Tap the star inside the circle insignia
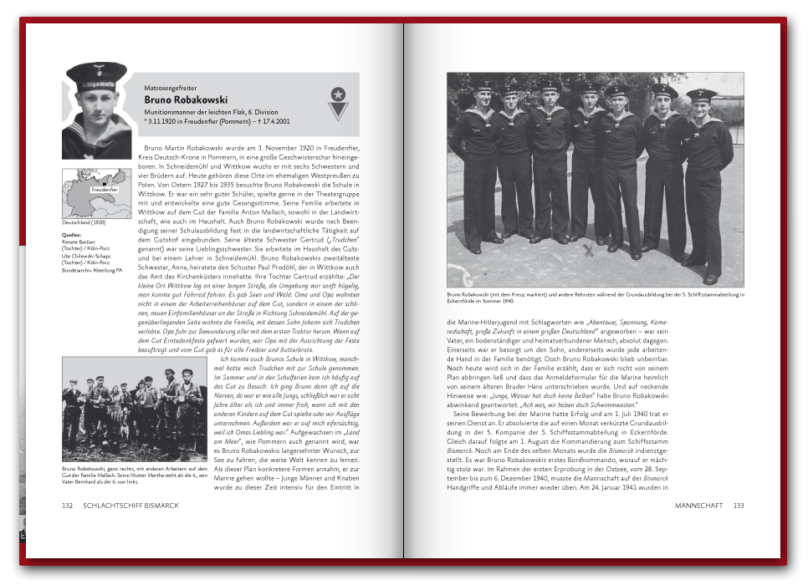(x=337, y=94)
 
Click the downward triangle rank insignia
(x=337, y=111)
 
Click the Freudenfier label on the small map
(x=104, y=190)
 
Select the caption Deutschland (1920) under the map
(x=84, y=223)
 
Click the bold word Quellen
(x=71, y=236)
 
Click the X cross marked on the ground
(x=589, y=248)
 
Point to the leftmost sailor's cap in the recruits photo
(x=483, y=85)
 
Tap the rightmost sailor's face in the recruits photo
(x=702, y=106)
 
